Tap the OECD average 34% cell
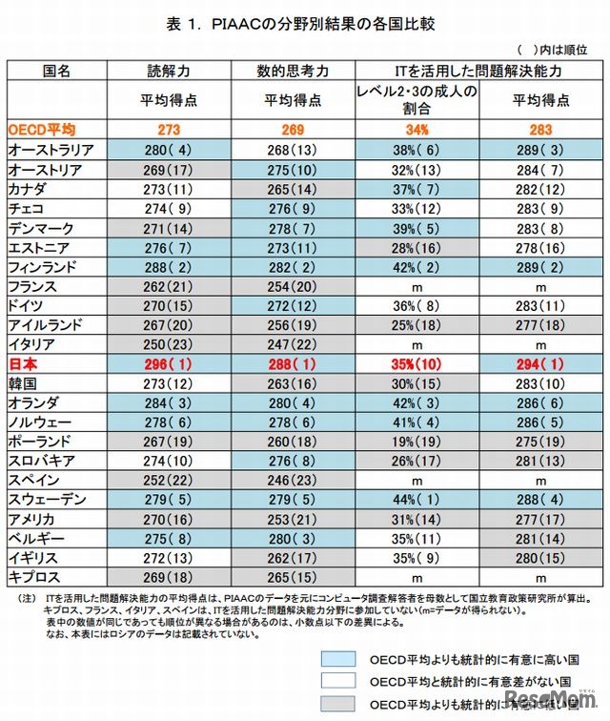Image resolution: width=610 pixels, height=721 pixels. click(416, 128)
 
